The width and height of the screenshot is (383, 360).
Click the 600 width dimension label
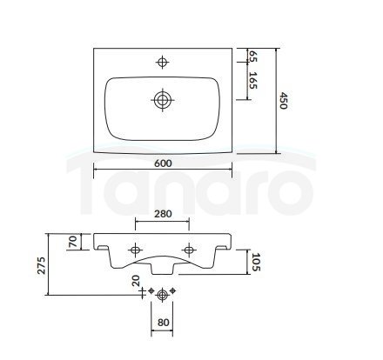(163, 163)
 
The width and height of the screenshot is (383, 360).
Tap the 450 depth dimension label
(283, 101)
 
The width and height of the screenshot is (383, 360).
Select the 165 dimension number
(253, 81)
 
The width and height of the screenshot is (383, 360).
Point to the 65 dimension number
(253, 56)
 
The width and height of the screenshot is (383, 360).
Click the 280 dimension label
(163, 214)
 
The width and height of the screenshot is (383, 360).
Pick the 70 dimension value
(72, 241)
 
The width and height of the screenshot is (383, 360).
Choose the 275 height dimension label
(42, 265)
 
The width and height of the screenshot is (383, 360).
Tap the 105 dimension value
(256, 262)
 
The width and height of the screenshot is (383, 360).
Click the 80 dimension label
(164, 323)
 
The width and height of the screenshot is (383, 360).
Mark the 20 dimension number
(136, 281)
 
